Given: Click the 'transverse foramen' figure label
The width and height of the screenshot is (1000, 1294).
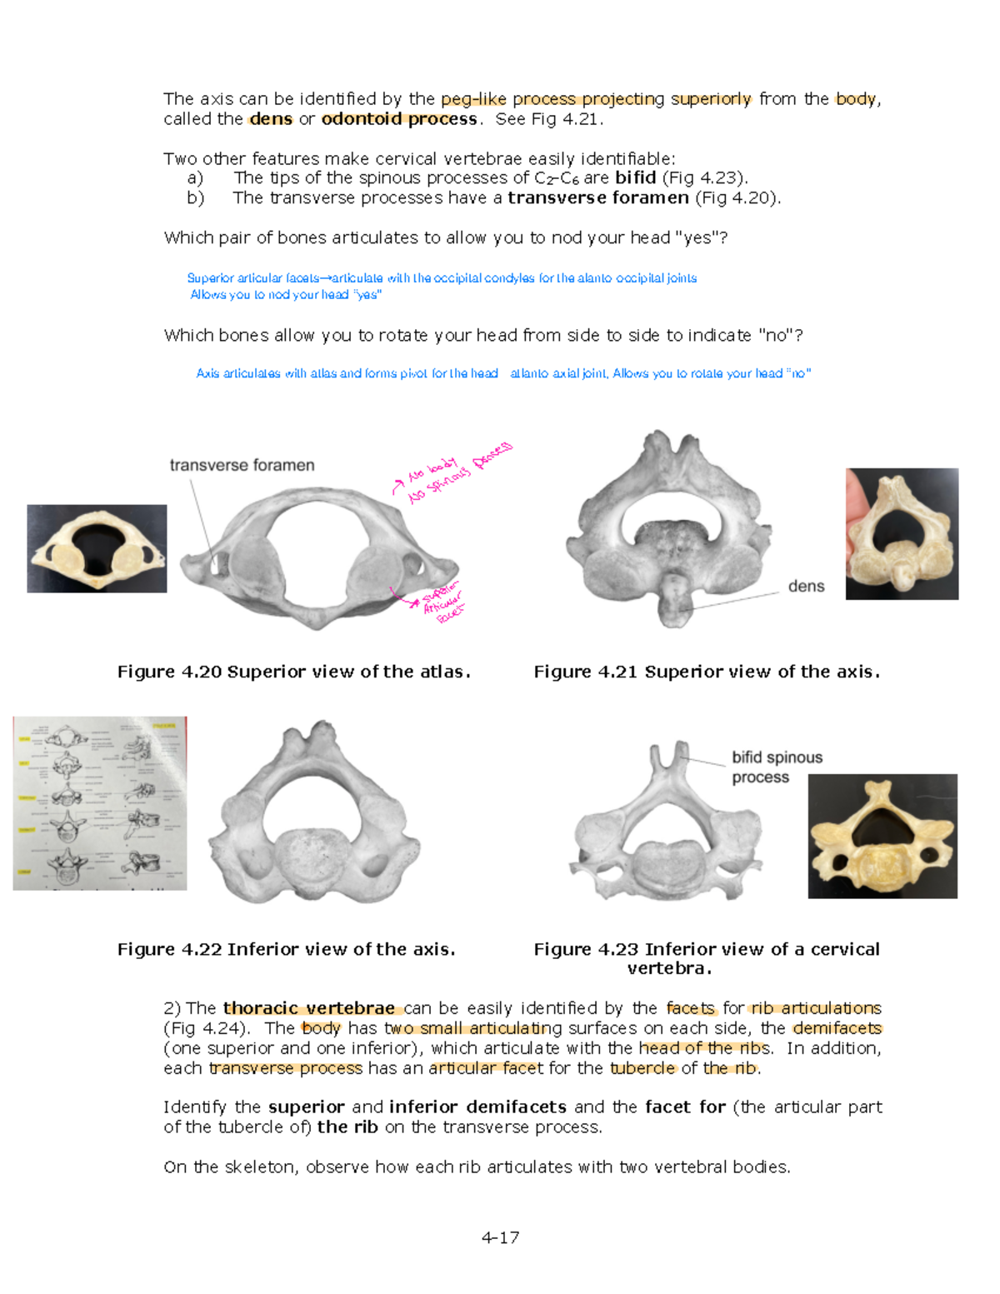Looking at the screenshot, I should (242, 465).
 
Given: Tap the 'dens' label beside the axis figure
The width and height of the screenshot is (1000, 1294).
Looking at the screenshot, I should (805, 586).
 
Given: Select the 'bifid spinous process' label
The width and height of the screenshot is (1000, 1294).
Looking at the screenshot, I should (777, 767).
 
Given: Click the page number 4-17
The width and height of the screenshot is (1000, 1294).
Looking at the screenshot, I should (500, 1237).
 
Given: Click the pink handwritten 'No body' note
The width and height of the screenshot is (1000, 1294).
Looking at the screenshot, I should (432, 470).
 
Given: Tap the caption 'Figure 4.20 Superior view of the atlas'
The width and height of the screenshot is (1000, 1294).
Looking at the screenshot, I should (293, 672).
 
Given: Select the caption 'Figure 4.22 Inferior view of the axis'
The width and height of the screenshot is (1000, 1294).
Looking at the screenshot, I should (286, 949).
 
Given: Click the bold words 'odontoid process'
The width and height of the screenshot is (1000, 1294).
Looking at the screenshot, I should (398, 118).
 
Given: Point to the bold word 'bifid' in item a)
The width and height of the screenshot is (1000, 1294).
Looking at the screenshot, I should (635, 177).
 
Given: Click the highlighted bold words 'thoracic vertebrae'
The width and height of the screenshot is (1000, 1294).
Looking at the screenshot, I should (309, 1008).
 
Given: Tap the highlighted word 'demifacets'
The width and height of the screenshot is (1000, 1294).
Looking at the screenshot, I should (837, 1028).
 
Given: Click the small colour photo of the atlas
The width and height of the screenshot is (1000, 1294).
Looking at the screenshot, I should (97, 548).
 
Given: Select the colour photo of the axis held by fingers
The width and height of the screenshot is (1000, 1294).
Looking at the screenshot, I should (902, 533).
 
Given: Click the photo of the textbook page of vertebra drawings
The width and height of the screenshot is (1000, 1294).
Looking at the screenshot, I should (100, 803).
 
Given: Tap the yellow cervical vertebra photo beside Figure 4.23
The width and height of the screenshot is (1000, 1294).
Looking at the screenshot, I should (882, 836).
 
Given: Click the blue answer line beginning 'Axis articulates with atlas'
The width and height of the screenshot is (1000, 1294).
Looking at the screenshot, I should (502, 373).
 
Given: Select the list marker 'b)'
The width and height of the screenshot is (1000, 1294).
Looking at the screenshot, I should (196, 197).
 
